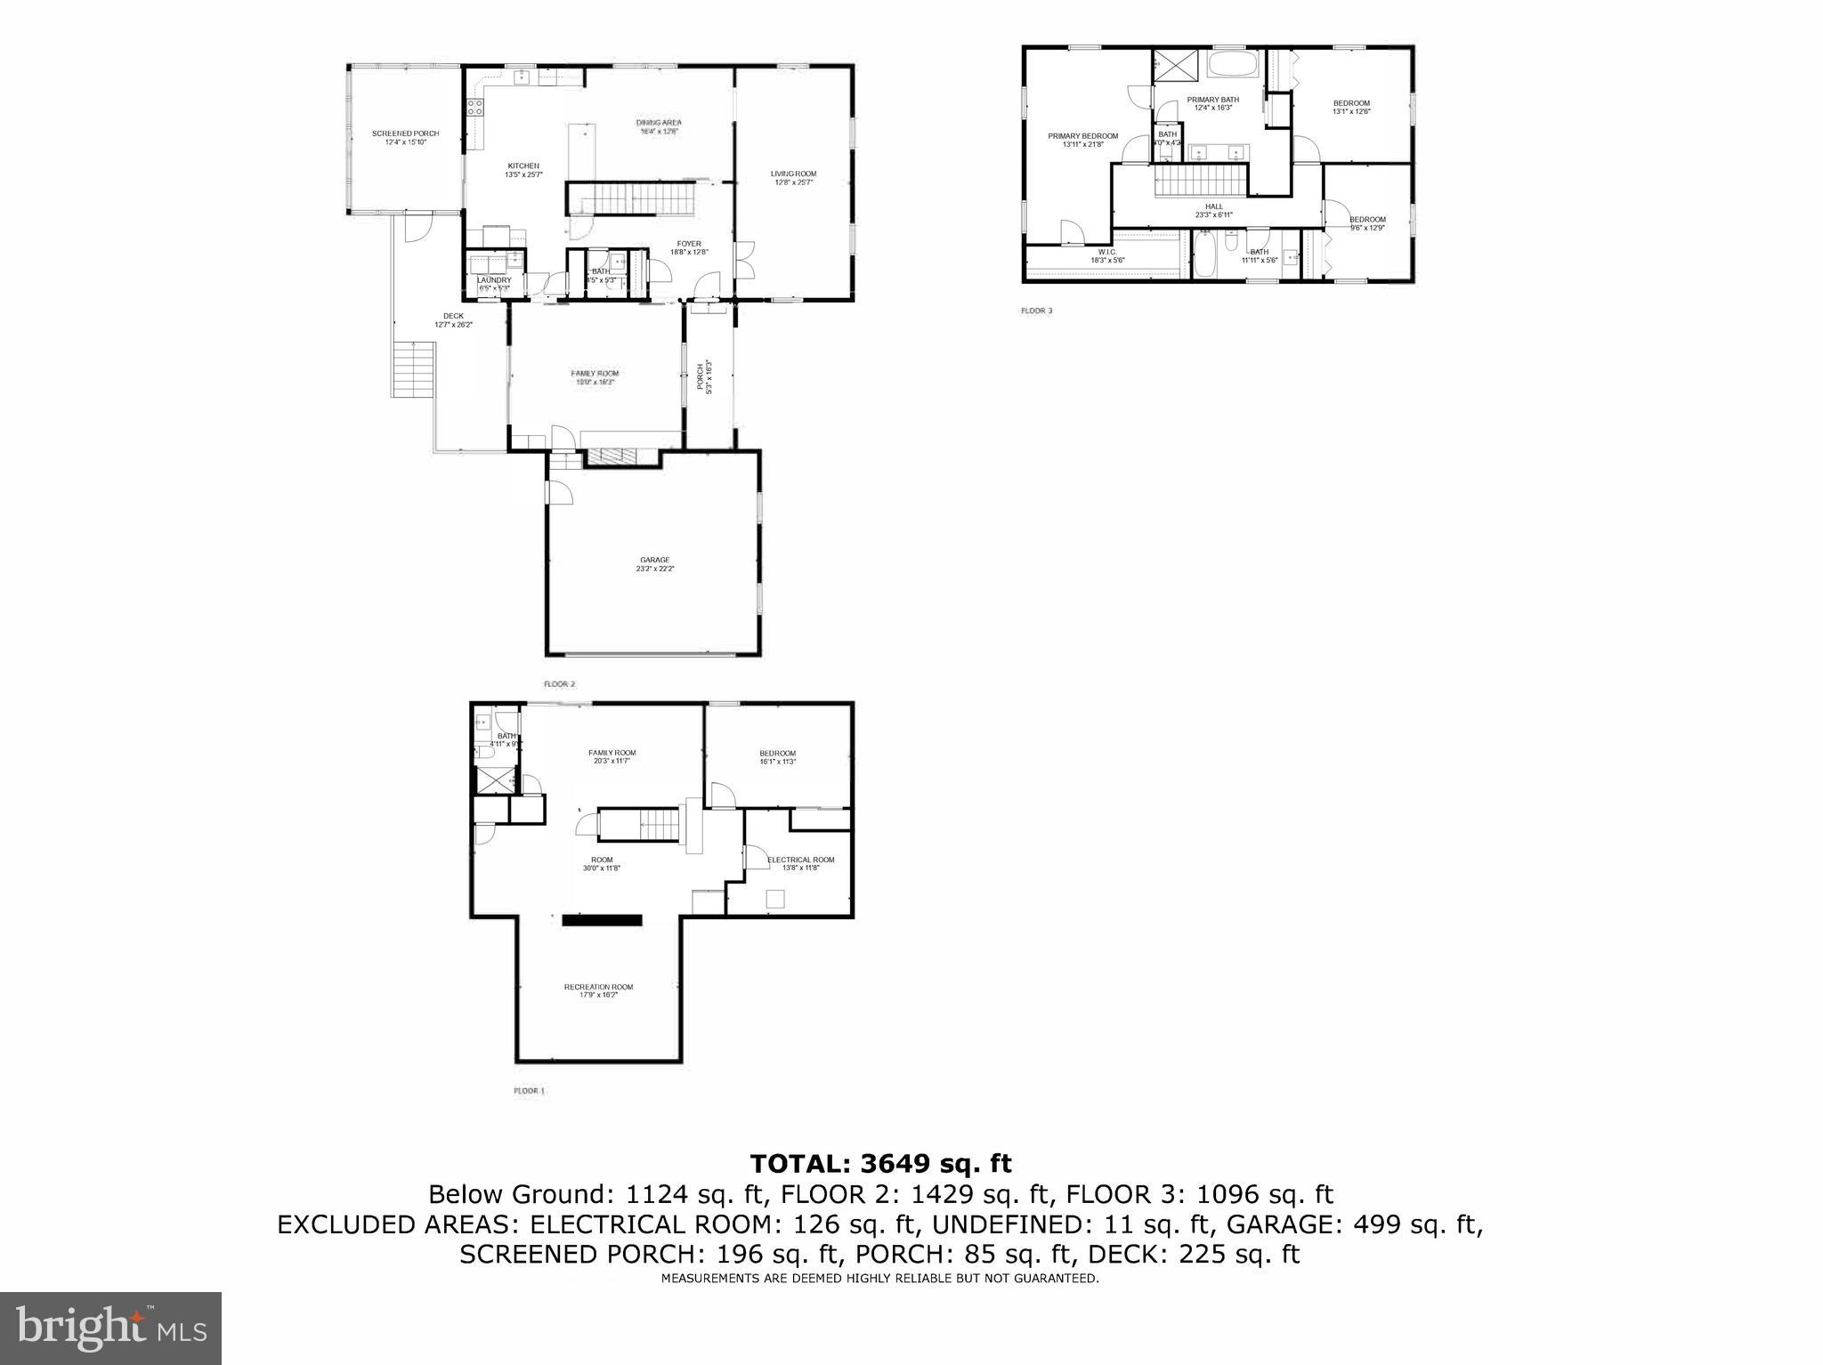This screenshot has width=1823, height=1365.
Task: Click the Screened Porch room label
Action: (x=405, y=137)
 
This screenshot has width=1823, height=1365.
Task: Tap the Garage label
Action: (x=654, y=563)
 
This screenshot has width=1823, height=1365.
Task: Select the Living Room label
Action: (x=793, y=177)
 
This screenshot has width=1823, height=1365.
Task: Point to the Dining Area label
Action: (x=659, y=126)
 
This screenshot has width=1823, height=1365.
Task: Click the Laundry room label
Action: (x=495, y=283)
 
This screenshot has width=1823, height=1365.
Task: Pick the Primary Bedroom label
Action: (x=1082, y=140)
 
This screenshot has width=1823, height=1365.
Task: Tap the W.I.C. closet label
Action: (x=1107, y=255)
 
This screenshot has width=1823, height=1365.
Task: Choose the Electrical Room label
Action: (x=800, y=863)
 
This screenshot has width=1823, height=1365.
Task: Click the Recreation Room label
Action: (x=598, y=990)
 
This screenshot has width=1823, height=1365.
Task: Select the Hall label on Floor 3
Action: (x=1213, y=210)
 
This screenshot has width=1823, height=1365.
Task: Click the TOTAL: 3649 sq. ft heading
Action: (x=881, y=1163)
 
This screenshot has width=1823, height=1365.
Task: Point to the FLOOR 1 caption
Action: (x=529, y=1090)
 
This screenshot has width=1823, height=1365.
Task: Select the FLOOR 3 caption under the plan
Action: (x=1036, y=311)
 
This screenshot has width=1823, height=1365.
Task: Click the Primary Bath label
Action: (x=1212, y=103)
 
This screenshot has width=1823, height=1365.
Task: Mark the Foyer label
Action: (x=689, y=247)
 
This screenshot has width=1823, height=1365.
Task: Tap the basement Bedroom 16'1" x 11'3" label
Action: (x=777, y=756)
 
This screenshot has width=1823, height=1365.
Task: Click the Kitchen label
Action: (x=523, y=169)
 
